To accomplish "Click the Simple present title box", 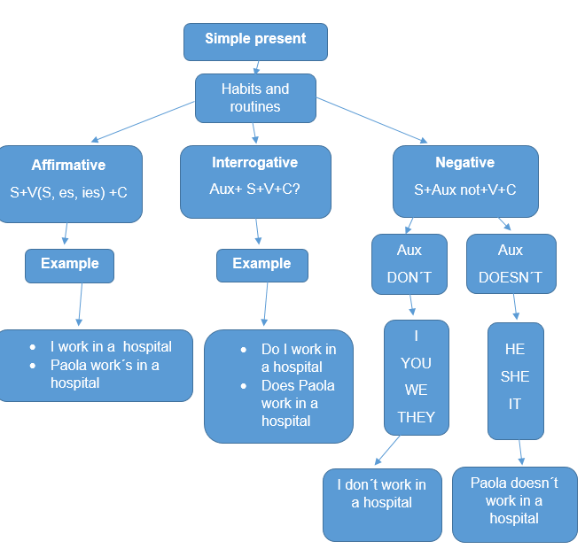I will click(x=255, y=41).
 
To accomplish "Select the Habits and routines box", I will click(x=255, y=97).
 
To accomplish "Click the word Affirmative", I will click(x=68, y=166).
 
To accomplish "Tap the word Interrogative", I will click(x=254, y=163).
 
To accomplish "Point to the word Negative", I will click(x=464, y=163).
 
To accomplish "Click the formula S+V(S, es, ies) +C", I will click(x=68, y=191).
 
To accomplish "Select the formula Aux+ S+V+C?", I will click(x=254, y=189).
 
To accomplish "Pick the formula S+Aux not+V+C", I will click(x=464, y=189).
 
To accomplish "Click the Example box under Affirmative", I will click(x=69, y=265).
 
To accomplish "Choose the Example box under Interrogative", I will click(x=261, y=265).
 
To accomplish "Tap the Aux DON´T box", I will click(x=409, y=264).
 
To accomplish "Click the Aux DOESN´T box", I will click(x=511, y=264).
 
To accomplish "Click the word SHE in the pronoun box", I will click(x=515, y=376).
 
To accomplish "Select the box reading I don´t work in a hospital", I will click(x=381, y=504).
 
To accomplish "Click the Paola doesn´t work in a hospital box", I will click(x=514, y=502).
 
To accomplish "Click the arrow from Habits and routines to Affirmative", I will click(x=142, y=121).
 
